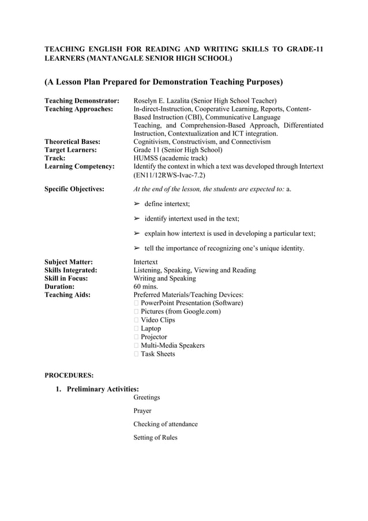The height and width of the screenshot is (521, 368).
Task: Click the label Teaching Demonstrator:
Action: (x=82, y=101)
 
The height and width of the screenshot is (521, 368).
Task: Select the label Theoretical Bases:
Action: (x=73, y=142)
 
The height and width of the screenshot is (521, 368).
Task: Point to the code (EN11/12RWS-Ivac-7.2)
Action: (x=168, y=174)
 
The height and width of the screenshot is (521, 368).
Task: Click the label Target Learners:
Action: (x=70, y=150)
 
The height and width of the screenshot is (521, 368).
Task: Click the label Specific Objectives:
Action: (x=74, y=189)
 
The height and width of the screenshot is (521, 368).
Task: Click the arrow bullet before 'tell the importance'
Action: (x=137, y=248)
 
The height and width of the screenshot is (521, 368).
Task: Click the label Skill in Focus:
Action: (x=66, y=278)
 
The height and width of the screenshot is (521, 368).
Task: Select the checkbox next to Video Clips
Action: (x=136, y=320)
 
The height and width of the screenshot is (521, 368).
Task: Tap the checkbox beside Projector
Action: (x=136, y=337)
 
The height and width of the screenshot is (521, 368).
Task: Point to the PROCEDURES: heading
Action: (x=69, y=375)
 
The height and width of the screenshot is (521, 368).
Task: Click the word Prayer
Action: (x=142, y=411)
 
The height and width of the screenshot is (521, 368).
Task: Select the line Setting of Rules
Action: (x=155, y=438)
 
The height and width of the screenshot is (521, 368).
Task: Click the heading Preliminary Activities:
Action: (x=103, y=389)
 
